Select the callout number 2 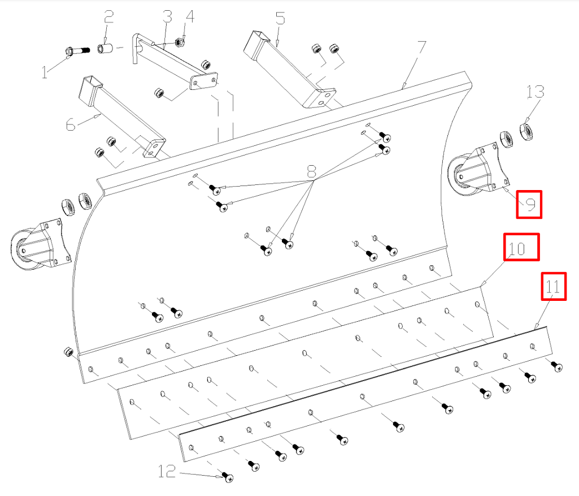(x=108, y=16)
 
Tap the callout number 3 (x=167, y=16)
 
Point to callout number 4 (x=190, y=16)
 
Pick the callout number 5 (x=280, y=19)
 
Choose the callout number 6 (x=71, y=124)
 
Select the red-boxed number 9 (x=530, y=205)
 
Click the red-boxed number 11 (x=553, y=287)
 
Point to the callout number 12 (x=167, y=471)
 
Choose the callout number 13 (x=535, y=91)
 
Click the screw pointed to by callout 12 (x=229, y=477)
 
